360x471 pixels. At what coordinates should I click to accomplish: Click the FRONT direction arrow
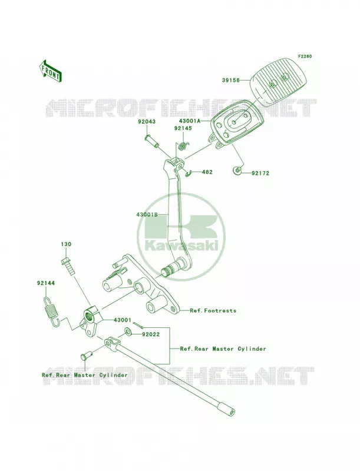pyautogui.click(x=50, y=71)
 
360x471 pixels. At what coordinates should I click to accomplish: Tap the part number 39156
pyautogui.click(x=231, y=80)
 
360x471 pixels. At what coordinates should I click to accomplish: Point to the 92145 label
pyautogui.click(x=183, y=128)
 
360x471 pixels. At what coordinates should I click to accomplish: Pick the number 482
pyautogui.click(x=207, y=172)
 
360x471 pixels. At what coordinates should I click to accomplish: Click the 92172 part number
pyautogui.click(x=260, y=173)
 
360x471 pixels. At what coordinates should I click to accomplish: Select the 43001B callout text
pyautogui.click(x=147, y=215)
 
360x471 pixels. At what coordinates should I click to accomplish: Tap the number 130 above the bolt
pyautogui.click(x=66, y=244)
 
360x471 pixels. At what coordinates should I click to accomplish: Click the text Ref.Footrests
pyautogui.click(x=213, y=311)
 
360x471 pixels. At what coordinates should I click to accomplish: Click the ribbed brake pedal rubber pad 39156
pyautogui.click(x=278, y=81)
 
